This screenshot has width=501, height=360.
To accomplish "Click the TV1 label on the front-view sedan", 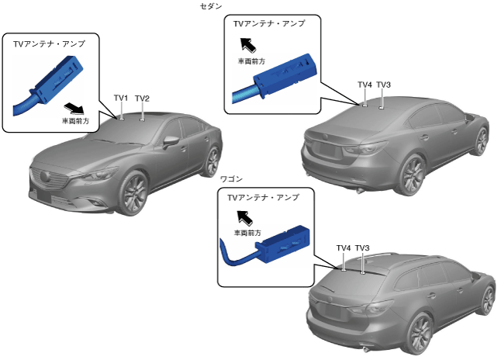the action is (121, 98).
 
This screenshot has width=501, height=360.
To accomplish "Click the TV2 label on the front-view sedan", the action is (142, 98).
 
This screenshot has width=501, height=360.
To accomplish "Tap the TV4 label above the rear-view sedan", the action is (365, 84).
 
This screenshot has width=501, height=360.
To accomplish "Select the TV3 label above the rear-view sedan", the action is (384, 84).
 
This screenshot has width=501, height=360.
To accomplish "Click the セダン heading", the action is (210, 6).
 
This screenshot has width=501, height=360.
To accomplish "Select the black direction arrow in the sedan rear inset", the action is (247, 44).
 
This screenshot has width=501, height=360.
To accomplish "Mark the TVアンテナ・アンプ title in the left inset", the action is (49, 44).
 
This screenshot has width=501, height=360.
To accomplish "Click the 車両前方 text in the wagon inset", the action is (247, 232).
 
